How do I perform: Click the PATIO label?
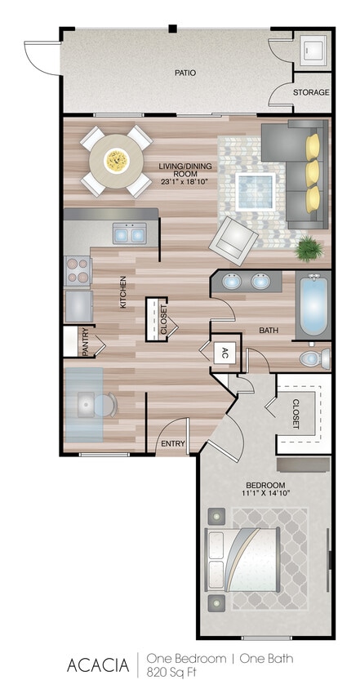184,73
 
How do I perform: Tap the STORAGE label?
312,92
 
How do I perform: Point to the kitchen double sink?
129,234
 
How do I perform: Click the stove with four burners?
78,272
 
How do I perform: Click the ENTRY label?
172,444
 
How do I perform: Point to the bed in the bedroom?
245,558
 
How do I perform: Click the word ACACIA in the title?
98,665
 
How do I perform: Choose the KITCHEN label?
124,291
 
